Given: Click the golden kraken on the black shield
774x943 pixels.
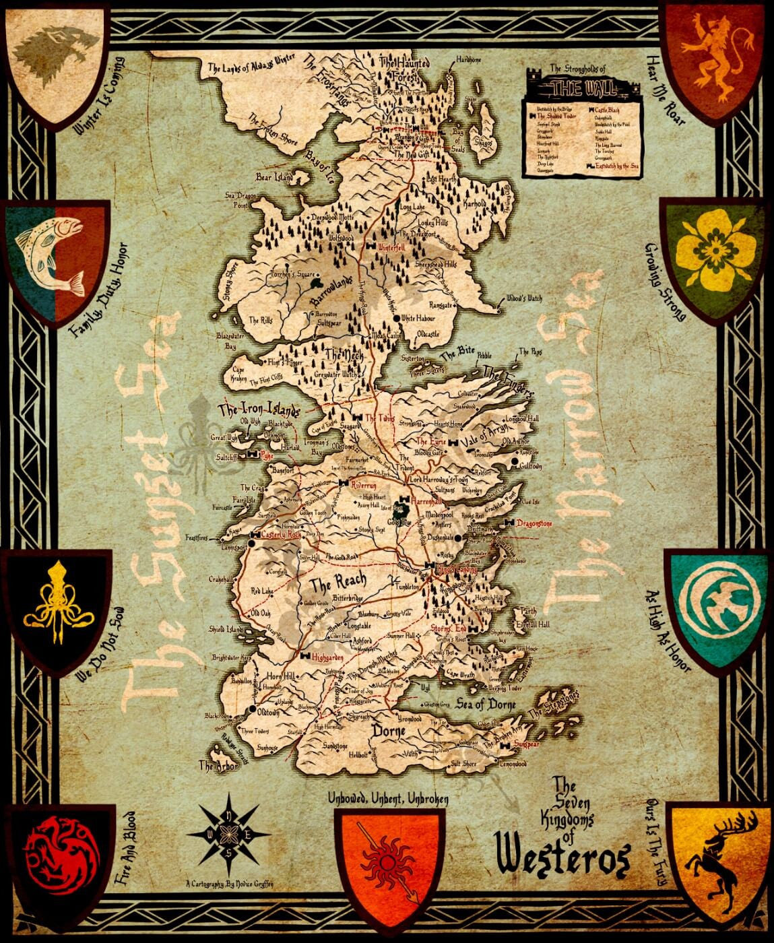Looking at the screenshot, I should [x=58, y=604].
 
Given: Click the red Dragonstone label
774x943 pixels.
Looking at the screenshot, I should [x=534, y=523].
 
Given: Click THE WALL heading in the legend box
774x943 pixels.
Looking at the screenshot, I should [x=576, y=87].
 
